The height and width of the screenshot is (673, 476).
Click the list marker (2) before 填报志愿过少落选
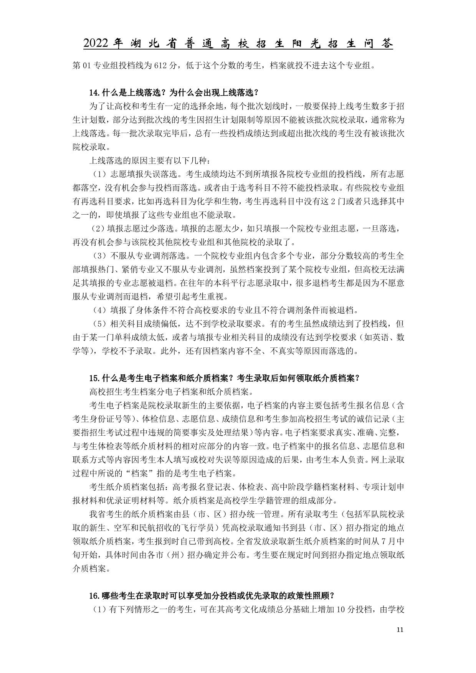pyautogui.click(x=98, y=228)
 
